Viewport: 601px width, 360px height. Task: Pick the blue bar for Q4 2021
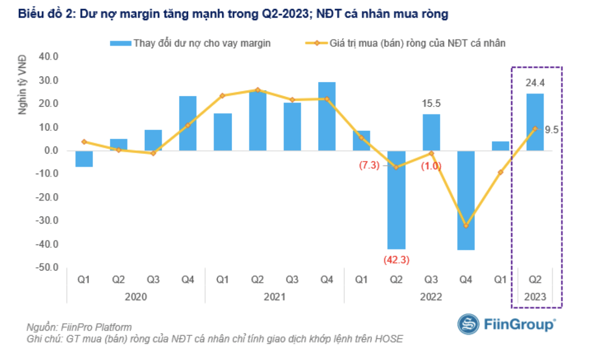tap(327, 117)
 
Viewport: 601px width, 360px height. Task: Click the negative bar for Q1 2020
tap(84, 159)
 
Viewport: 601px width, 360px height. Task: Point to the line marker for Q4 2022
tap(466, 225)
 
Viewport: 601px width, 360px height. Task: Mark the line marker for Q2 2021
tap(257, 90)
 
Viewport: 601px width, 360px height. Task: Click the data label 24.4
tap(534, 83)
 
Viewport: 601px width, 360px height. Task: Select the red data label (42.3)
tap(396, 260)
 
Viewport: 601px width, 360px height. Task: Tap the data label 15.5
tap(431, 104)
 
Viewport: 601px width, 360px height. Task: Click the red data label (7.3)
tap(369, 166)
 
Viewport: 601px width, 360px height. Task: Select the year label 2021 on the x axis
tap(274, 297)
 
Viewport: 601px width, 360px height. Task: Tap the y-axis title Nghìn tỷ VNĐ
tap(23, 85)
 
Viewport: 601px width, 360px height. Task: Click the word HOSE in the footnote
tap(390, 339)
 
